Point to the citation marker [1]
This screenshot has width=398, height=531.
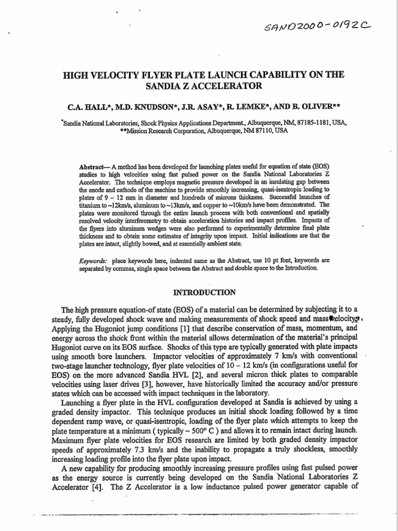click(170, 329)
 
